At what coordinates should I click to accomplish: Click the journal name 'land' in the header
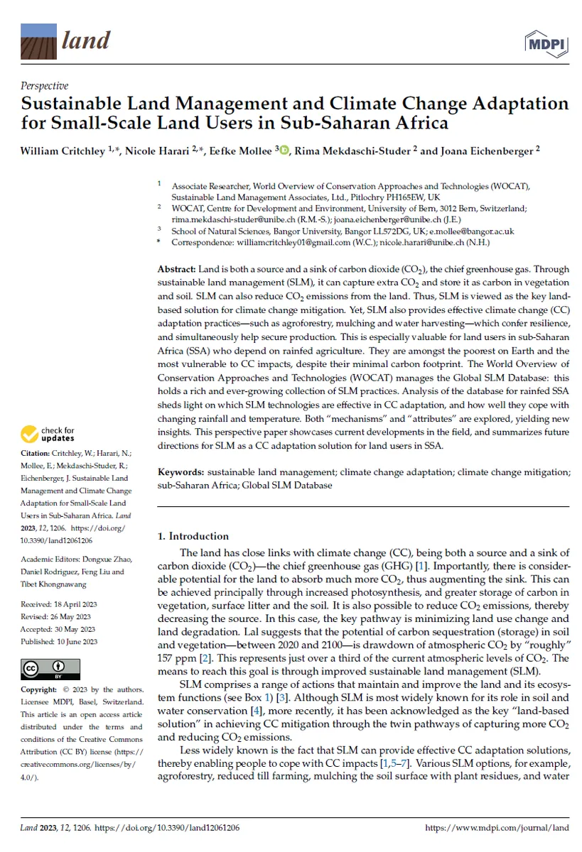pyautogui.click(x=86, y=40)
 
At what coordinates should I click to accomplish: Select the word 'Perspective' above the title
pyautogui.click(x=44, y=86)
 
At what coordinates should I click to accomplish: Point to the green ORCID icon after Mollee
pyautogui.click(x=284, y=149)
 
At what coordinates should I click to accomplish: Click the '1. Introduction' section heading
pyautogui.click(x=193, y=536)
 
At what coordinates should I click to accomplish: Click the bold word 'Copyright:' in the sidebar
pyautogui.click(x=39, y=690)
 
